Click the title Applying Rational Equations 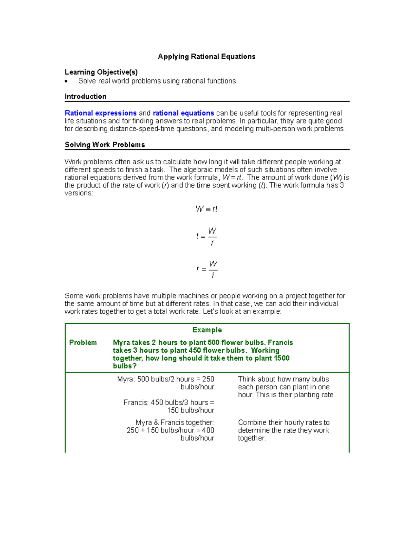pyautogui.click(x=206, y=57)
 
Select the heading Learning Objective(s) pyautogui.click(x=101, y=72)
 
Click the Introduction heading pyautogui.click(x=86, y=97)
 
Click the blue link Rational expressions pyautogui.click(x=100, y=113)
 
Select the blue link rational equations pyautogui.click(x=183, y=113)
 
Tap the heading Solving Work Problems pyautogui.click(x=105, y=145)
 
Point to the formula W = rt pyautogui.click(x=206, y=209)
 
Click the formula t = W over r pyautogui.click(x=207, y=236)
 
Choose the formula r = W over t pyautogui.click(x=207, y=269)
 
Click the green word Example pyautogui.click(x=207, y=330)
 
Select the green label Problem pyautogui.click(x=83, y=343)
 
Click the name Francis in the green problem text pyautogui.click(x=280, y=343)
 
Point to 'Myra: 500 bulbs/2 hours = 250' pyautogui.click(x=166, y=379)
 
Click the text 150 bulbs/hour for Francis pyautogui.click(x=190, y=410)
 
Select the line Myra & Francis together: pyautogui.click(x=175, y=422)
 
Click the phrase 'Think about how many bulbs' pyautogui.click(x=283, y=379)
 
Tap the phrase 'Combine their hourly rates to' pyautogui.click(x=284, y=422)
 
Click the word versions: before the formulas pyautogui.click(x=79, y=193)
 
